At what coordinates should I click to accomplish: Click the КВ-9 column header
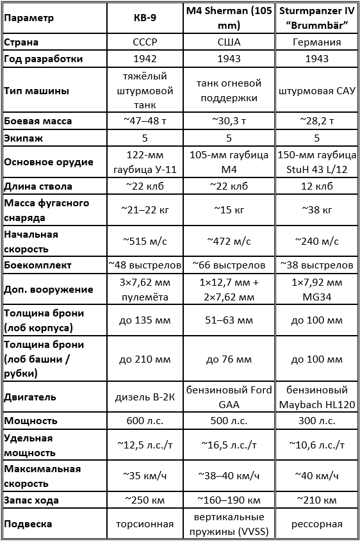[x=149, y=18]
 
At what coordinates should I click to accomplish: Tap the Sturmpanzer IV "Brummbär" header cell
[x=316, y=18]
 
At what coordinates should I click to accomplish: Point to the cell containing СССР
[x=149, y=42]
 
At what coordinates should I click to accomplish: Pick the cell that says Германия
[x=316, y=42]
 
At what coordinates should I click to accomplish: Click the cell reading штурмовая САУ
[x=316, y=90]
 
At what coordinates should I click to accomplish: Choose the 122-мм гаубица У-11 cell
[x=149, y=161]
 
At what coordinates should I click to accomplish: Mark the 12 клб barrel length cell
[x=316, y=186]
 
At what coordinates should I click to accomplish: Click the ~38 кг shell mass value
[x=316, y=210]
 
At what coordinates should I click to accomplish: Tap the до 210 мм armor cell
[x=149, y=359]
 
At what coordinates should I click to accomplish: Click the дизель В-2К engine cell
[x=149, y=397]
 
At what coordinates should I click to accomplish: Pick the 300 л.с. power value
[x=316, y=421]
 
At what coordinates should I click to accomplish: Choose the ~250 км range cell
[x=149, y=500]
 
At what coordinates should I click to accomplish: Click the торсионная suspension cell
[x=149, y=524]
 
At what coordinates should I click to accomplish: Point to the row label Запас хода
[x=31, y=500]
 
